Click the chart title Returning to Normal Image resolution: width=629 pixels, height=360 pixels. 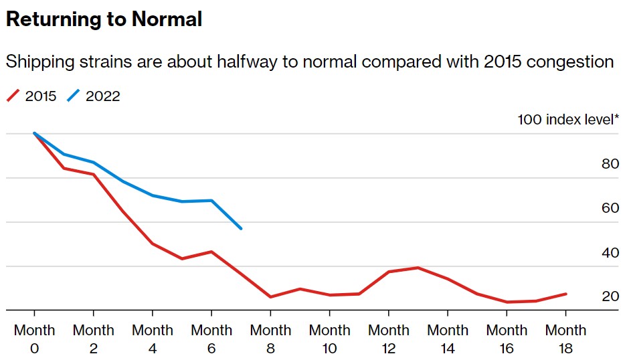[104, 19]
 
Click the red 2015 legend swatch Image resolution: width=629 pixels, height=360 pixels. [14, 96]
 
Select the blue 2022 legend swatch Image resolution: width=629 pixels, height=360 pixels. [74, 96]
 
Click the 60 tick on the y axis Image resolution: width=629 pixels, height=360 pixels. [610, 208]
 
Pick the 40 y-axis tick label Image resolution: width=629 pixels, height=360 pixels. [610, 253]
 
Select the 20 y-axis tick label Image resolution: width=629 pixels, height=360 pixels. [610, 296]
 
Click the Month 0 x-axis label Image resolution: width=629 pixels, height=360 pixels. [35, 339]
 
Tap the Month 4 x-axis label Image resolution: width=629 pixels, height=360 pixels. [153, 339]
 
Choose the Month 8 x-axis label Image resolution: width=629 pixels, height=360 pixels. [270, 339]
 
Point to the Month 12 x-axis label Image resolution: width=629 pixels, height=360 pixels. [389, 339]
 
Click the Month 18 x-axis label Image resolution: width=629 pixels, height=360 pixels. [565, 339]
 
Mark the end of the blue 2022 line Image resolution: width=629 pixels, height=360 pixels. [241, 229]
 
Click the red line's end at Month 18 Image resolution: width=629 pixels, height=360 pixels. [566, 294]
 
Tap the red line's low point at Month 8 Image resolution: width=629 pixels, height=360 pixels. [270, 297]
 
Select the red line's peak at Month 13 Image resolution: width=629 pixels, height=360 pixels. [418, 268]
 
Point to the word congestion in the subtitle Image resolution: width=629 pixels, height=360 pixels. [570, 62]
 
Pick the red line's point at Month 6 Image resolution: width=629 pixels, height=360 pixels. [211, 252]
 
